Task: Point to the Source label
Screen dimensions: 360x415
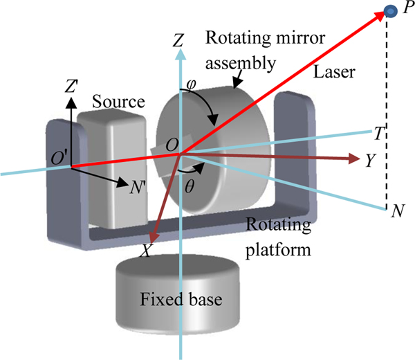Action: point(120,102)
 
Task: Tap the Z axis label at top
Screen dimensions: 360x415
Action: point(178,42)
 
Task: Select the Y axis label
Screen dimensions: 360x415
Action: point(371,161)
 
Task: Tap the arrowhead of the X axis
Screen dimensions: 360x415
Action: point(154,238)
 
